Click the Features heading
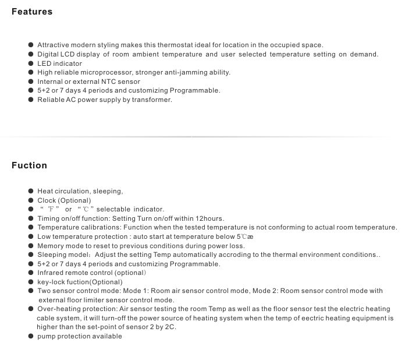pyautogui.click(x=32, y=12)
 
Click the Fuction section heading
pyautogui.click(x=29, y=165)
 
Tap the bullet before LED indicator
pyautogui.click(x=31, y=63)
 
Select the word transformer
pyautogui.click(x=152, y=100)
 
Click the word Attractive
pyautogui.click(x=54, y=45)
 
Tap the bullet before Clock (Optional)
pyautogui.click(x=31, y=200)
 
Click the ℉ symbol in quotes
pyautogui.click(x=49, y=210)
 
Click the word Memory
pyautogui.click(x=51, y=246)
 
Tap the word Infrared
pyautogui.click(x=52, y=273)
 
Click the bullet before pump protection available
pyautogui.click(x=31, y=337)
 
